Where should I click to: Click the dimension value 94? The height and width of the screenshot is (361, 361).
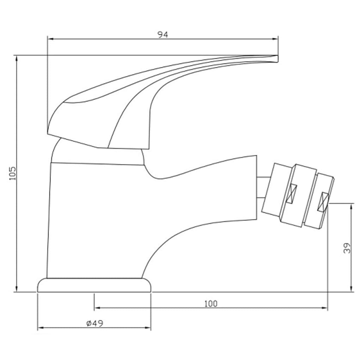pyautogui.click(x=163, y=34)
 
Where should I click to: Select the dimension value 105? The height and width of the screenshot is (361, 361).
pyautogui.click(x=13, y=173)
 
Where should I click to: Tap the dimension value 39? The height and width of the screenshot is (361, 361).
pyautogui.click(x=347, y=248)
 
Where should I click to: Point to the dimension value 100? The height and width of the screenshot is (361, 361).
pyautogui.click(x=211, y=304)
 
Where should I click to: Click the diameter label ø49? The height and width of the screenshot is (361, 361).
pyautogui.click(x=94, y=323)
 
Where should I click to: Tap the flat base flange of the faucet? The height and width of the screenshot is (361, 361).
pyautogui.click(x=94, y=285)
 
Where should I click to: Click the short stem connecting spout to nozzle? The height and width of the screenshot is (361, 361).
pyautogui.click(x=262, y=187)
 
